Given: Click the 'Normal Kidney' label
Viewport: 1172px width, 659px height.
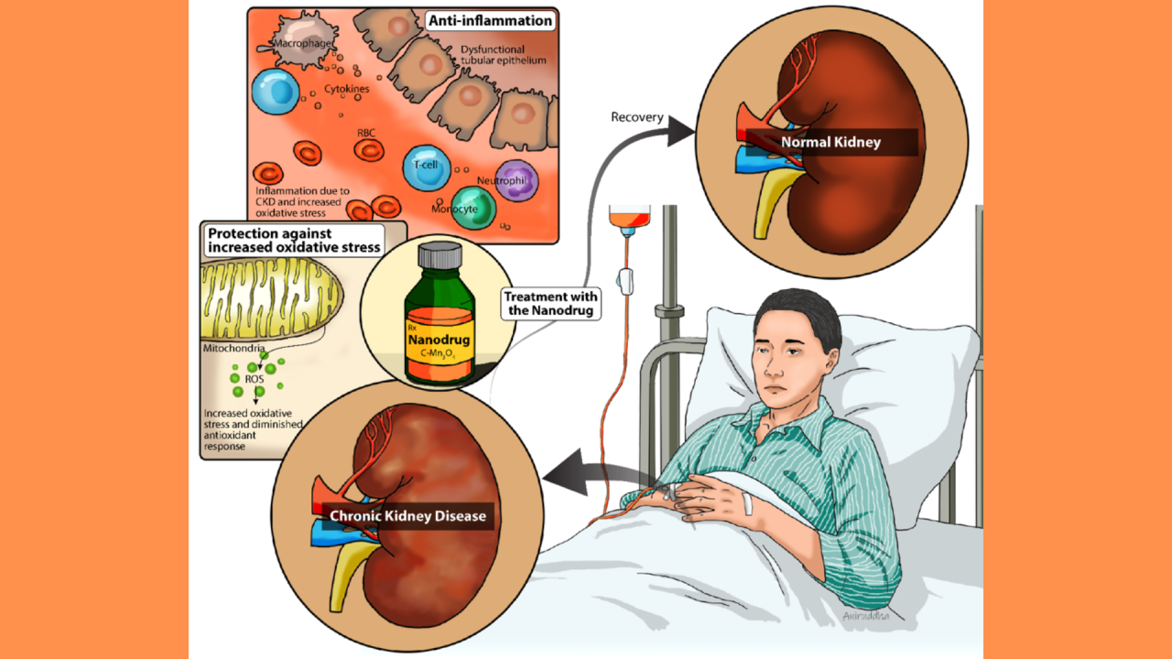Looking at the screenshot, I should [830, 142].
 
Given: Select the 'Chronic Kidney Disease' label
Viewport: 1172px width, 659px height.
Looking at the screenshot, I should [407, 516].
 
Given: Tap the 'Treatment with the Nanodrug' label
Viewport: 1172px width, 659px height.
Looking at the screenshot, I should [551, 303].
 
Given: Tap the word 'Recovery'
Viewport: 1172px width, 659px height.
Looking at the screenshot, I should [637, 117].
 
